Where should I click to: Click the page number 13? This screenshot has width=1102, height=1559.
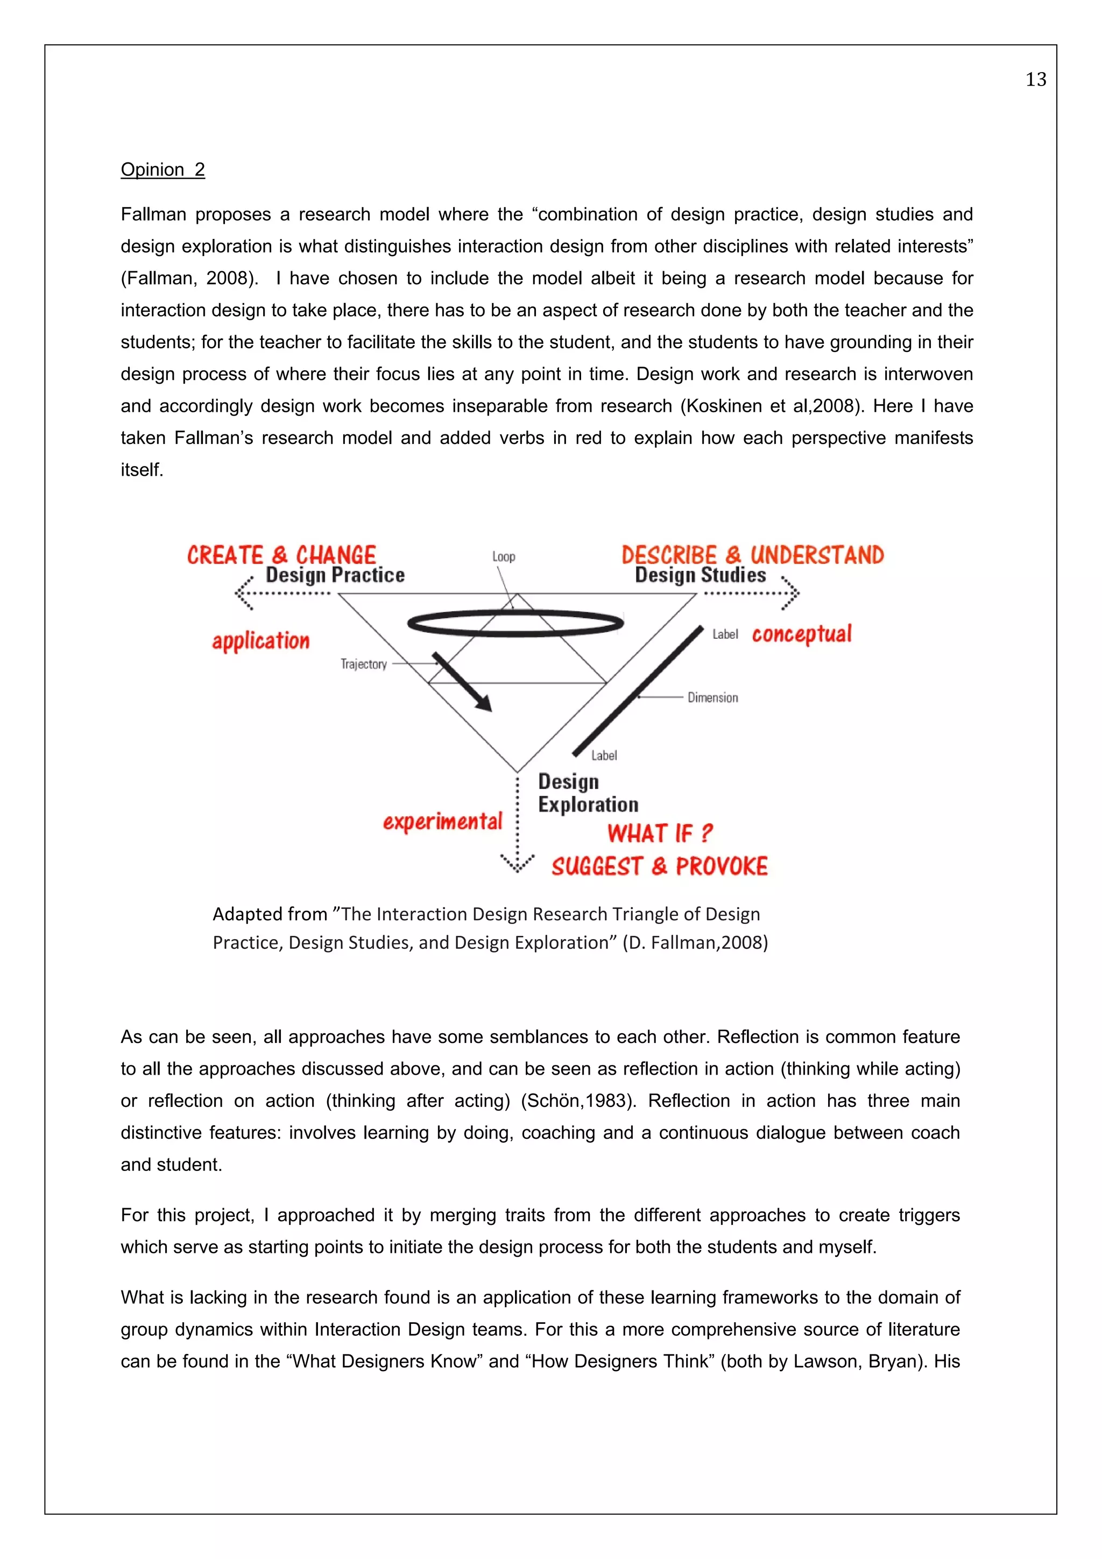pyautogui.click(x=1035, y=80)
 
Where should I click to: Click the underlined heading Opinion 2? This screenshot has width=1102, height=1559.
pyautogui.click(x=163, y=169)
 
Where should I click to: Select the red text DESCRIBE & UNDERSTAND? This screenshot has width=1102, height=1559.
pyautogui.click(x=752, y=555)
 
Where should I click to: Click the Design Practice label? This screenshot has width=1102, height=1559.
pyautogui.click(x=335, y=575)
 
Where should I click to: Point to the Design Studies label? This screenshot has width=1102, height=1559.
pyautogui.click(x=700, y=575)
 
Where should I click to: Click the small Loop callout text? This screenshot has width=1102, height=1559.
pyautogui.click(x=503, y=557)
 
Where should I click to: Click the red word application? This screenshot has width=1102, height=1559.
pyautogui.click(x=261, y=640)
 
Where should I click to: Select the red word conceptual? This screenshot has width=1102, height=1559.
pyautogui.click(x=801, y=633)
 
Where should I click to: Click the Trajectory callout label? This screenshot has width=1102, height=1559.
pyautogui.click(x=363, y=664)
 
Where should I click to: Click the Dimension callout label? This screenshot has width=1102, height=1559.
pyautogui.click(x=712, y=697)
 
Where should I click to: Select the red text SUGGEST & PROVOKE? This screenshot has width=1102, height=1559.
pyautogui.click(x=659, y=866)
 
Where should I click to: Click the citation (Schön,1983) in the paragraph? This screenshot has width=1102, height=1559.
pyautogui.click(x=578, y=1101)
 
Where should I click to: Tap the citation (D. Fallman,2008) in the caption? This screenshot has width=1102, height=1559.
pyautogui.click(x=695, y=942)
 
